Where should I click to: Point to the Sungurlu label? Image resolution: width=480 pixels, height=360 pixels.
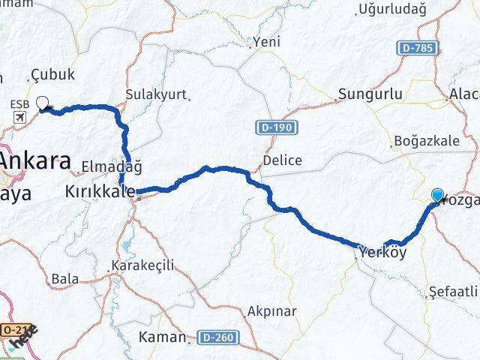click(370, 94)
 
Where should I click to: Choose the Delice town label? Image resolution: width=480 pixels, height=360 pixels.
click(283, 160)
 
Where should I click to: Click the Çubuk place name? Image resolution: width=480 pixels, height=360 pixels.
click(54, 75)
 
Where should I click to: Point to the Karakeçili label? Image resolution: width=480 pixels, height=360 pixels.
click(142, 265)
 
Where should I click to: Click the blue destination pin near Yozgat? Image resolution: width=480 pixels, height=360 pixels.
click(437, 195)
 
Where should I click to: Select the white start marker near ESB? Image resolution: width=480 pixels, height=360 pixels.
click(42, 103)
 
